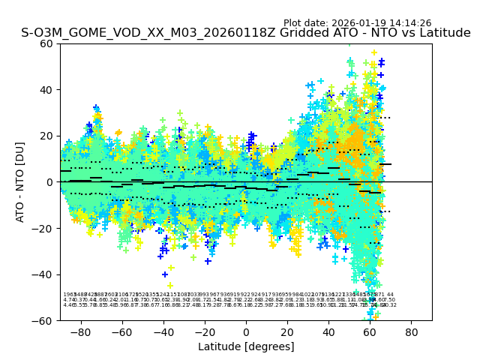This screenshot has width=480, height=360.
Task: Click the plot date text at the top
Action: click(357, 23)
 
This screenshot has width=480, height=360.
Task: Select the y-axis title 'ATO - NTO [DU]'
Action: click(20, 181)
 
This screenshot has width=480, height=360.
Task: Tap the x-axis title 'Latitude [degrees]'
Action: click(246, 346)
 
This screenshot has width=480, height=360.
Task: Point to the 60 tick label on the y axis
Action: click(46, 43)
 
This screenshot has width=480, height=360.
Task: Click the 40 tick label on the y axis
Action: click(46, 90)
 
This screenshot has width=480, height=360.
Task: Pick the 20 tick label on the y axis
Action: click(46, 136)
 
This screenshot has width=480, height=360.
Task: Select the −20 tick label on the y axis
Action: click(43, 228)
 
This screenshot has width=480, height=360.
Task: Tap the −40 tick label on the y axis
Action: click(43, 274)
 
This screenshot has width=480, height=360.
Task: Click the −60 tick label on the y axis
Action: click(43, 320)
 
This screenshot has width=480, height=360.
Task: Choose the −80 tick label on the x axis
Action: click(79, 331)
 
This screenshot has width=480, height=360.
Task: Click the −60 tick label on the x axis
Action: click(121, 331)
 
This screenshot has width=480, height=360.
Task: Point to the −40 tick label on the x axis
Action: click(162, 331)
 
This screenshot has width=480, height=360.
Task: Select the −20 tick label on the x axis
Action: click(203, 331)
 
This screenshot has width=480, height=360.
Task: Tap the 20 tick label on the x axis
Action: click(287, 331)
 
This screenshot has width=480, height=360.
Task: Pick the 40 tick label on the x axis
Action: click(328, 331)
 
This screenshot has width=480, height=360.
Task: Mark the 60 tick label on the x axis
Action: click(370, 331)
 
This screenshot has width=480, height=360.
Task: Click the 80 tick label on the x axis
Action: click(412, 331)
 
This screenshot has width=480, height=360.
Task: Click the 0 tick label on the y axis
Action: click(49, 182)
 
